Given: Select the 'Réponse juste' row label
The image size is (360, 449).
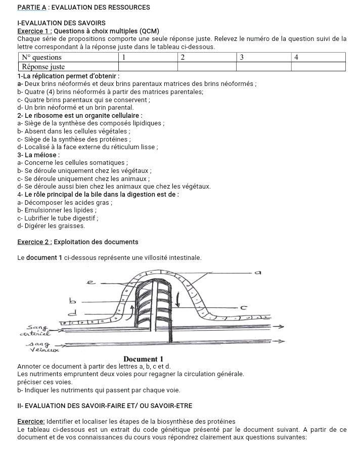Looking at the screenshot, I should coord(43,66).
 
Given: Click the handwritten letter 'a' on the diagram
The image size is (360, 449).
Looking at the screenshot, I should coord(258,273).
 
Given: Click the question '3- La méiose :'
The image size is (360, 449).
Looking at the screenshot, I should coord(38,155).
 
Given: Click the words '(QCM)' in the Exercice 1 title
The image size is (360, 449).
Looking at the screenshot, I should coord(150,31).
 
